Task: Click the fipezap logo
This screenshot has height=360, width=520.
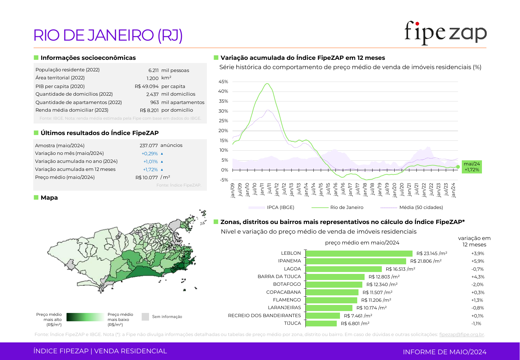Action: tap(445, 33)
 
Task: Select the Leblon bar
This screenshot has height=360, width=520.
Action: tap(359, 253)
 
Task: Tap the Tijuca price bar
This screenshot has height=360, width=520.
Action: tap(321, 324)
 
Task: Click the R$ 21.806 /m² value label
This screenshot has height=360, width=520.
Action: tap(426, 261)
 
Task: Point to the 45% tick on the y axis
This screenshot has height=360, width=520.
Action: tap(223, 82)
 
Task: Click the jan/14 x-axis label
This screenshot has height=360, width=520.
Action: tap(306, 189)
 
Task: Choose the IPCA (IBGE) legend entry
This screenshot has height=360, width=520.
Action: tap(272, 207)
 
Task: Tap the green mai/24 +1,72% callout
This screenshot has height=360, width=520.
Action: tap(472, 167)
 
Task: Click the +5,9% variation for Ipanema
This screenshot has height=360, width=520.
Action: tap(477, 261)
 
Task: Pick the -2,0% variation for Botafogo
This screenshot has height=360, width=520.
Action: tap(477, 284)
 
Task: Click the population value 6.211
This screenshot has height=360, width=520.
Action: tap(153, 70)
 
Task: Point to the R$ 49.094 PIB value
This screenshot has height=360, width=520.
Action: tap(146, 86)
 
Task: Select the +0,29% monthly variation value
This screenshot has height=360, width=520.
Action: tap(150, 154)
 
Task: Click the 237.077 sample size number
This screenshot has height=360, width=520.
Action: tap(149, 146)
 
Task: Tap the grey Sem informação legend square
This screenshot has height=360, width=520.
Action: tap(145, 317)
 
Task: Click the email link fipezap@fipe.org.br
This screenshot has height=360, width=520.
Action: tap(461, 334)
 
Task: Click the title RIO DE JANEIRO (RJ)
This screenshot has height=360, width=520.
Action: tap(108, 35)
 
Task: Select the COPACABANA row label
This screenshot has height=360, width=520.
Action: tap(283, 292)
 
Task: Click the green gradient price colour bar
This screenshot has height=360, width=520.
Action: tap(85, 317)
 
